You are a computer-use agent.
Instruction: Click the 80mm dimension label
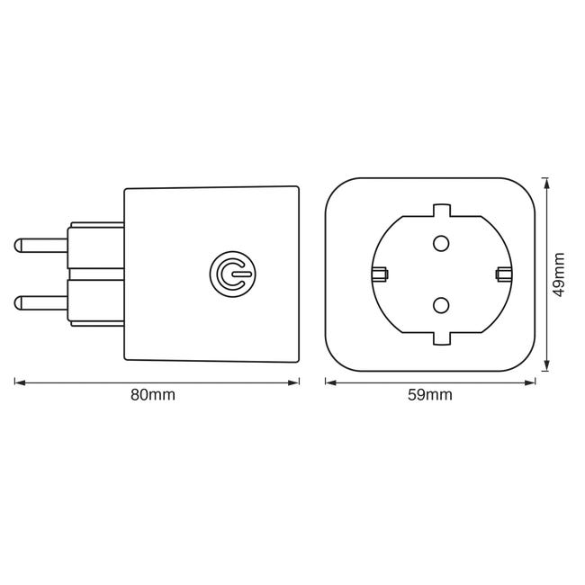[153, 395]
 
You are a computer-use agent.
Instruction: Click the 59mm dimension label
[430, 395]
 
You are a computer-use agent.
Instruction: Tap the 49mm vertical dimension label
[559, 274]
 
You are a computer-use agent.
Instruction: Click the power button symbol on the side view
[233, 274]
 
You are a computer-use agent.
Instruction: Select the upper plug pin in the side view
[40, 246]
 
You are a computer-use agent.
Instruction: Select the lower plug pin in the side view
[40, 303]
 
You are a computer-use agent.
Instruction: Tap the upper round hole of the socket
[441, 243]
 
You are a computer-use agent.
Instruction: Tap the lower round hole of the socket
[441, 305]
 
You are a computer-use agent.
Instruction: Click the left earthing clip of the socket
[380, 274]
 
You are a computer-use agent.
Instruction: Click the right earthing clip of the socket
[504, 274]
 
